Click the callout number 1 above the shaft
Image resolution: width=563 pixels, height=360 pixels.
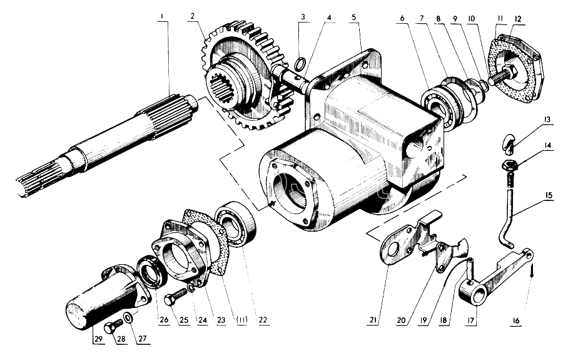point(163,16)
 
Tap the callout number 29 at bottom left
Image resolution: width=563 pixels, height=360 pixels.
point(98,339)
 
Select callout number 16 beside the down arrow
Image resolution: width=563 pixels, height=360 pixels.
point(516,321)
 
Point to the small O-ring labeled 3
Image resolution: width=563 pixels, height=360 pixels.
point(300,64)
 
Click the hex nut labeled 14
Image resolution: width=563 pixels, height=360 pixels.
point(509,166)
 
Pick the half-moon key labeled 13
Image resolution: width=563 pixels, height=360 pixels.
point(507,140)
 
